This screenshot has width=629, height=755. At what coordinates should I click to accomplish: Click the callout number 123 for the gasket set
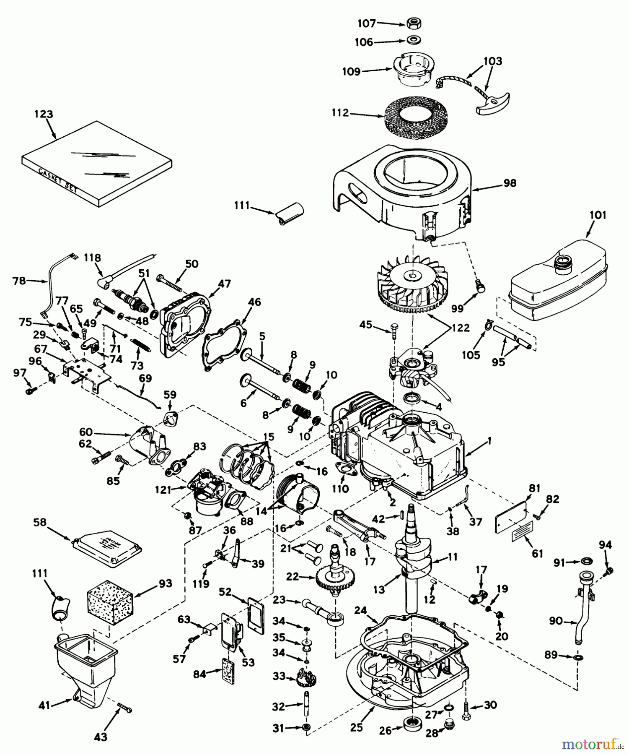(44, 114)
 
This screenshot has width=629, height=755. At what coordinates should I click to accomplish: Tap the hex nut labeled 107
(414, 23)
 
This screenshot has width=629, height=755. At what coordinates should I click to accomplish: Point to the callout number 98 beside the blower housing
(510, 183)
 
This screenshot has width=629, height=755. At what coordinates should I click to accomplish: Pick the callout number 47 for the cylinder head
(224, 284)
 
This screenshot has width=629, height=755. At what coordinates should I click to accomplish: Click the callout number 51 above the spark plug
(144, 273)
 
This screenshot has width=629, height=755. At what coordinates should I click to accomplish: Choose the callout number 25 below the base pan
(357, 727)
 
